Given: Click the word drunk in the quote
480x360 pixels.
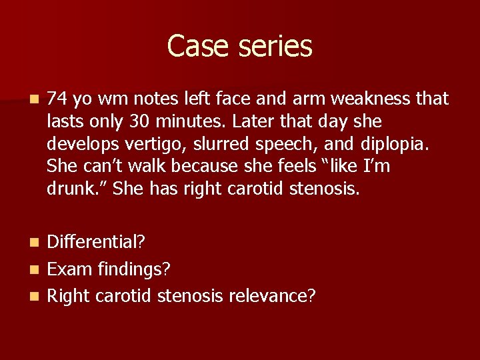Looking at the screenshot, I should [x=67, y=189].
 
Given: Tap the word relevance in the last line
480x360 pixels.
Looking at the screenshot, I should [x=271, y=294].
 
